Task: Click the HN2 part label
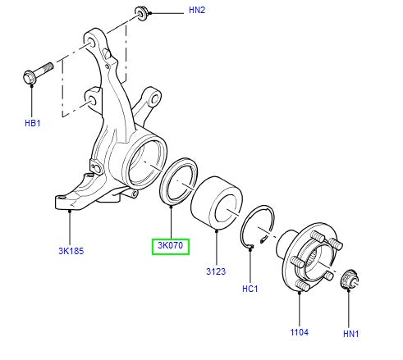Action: tap(197, 11)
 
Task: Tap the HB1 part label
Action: tap(33, 123)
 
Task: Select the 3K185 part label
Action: tap(71, 251)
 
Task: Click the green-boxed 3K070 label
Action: tap(171, 245)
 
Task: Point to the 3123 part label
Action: tap(216, 271)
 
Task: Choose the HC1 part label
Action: tap(250, 289)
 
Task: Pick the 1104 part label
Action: tap(300, 332)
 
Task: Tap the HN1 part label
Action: tap(350, 334)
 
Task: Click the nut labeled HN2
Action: tap(141, 14)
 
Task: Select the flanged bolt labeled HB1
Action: tap(38, 72)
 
